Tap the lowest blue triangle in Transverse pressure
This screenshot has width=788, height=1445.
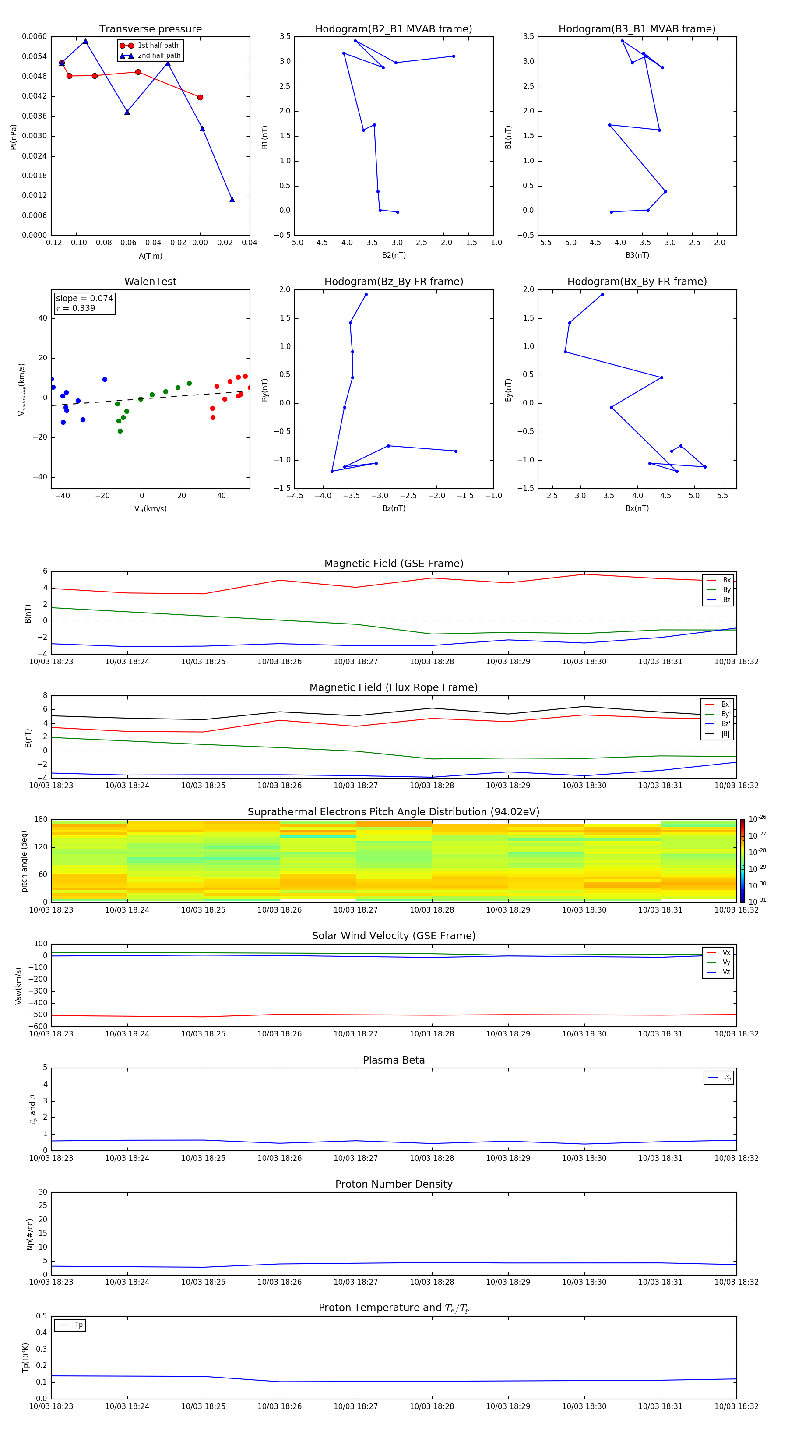tap(232, 200)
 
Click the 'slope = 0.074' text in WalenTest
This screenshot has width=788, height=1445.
tap(84, 299)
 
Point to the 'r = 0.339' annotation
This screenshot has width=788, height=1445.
tap(76, 308)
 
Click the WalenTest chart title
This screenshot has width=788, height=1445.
tap(150, 282)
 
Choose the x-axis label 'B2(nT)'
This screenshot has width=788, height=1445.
tap(394, 255)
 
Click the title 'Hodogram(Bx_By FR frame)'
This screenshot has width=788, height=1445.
tap(637, 282)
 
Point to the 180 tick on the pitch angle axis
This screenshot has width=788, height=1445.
tap(41, 820)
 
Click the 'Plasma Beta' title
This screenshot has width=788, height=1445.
tap(394, 1060)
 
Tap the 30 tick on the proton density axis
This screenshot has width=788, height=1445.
tap(42, 1192)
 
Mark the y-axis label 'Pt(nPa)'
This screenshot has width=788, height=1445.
tap(14, 137)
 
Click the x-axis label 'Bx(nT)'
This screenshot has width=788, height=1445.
tap(637, 508)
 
